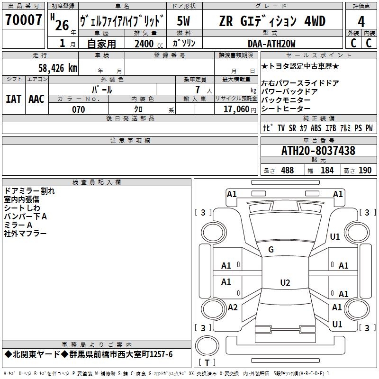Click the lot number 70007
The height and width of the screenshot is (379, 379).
point(23,20)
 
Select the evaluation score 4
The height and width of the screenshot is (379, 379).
point(361,22)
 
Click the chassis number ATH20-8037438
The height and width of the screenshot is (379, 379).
point(318,151)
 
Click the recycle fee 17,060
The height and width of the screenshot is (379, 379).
point(235,109)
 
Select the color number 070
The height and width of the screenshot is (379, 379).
point(78,109)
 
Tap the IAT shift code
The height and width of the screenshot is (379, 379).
point(13,99)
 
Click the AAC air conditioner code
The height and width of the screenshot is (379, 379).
point(36,99)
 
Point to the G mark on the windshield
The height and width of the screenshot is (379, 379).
point(271,250)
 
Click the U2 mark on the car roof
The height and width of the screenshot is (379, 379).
point(285,283)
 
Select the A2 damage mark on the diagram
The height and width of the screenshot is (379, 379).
point(233,307)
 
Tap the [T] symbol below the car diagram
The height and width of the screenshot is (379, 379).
point(207,362)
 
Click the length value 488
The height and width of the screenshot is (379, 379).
point(287,171)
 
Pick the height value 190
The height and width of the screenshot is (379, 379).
point(365,171)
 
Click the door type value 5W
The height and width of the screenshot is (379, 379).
point(184,22)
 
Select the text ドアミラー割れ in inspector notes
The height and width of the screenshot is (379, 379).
point(29,191)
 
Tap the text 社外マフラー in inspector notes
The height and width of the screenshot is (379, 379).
point(25,234)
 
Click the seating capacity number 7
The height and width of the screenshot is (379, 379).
point(197,90)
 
